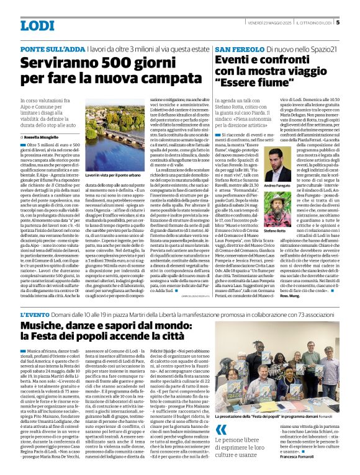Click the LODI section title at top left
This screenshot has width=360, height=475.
(x=37, y=25)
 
